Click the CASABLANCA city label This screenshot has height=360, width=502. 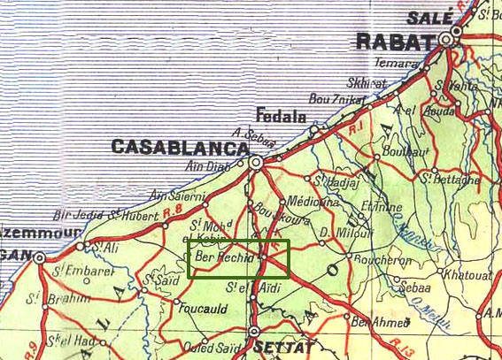(178, 147)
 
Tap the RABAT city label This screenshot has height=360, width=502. (395, 41)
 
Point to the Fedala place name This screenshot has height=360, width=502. (280, 116)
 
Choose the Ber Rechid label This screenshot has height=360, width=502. (224, 257)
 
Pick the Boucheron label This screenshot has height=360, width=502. (378, 261)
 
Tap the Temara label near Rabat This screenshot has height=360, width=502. (395, 63)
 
